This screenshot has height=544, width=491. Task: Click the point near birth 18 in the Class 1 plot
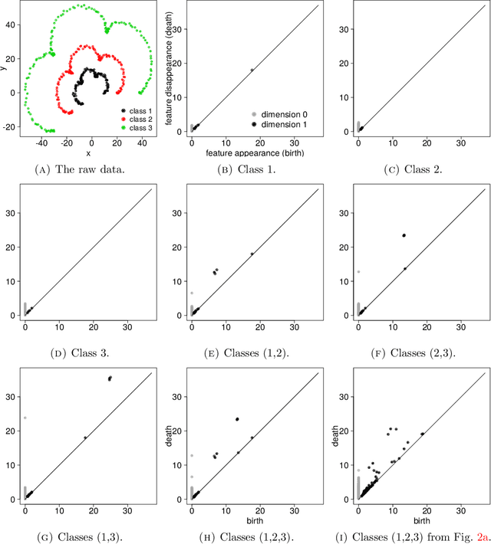252,70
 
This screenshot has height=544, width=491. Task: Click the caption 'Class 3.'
80,353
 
